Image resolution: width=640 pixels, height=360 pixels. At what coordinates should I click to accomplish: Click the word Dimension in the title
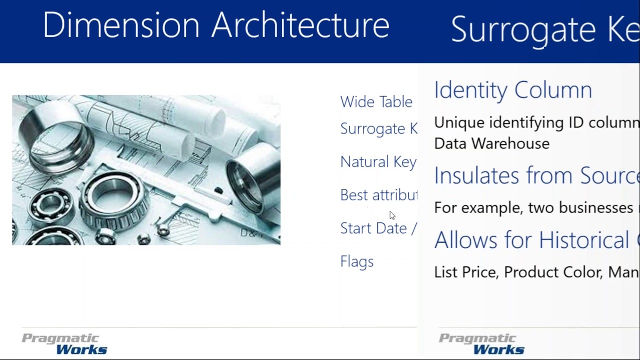tap(121, 25)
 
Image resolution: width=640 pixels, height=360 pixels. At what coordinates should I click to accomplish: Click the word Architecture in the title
tap(300, 25)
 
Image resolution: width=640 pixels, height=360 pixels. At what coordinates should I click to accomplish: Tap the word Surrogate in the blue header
tap(523, 29)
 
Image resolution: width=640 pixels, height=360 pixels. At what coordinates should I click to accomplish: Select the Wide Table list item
tap(376, 102)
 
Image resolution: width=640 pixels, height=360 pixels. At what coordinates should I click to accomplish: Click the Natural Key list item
tap(378, 162)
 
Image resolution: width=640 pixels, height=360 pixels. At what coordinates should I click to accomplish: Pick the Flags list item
tap(356, 261)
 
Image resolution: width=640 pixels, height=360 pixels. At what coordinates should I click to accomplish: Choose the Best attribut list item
tap(378, 195)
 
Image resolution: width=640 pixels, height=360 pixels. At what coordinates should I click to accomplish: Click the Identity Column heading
tap(513, 90)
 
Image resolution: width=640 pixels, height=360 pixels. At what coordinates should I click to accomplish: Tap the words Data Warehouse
tap(491, 143)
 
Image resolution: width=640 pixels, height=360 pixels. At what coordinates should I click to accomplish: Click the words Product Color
tap(552, 272)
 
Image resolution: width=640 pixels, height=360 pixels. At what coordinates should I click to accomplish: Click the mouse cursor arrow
tap(392, 215)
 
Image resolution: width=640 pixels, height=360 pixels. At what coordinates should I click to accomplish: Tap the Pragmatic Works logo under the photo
tap(64, 344)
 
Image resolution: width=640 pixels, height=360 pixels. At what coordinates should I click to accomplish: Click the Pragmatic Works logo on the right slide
tap(482, 344)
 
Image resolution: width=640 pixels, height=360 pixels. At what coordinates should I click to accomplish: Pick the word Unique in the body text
tap(459, 122)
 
